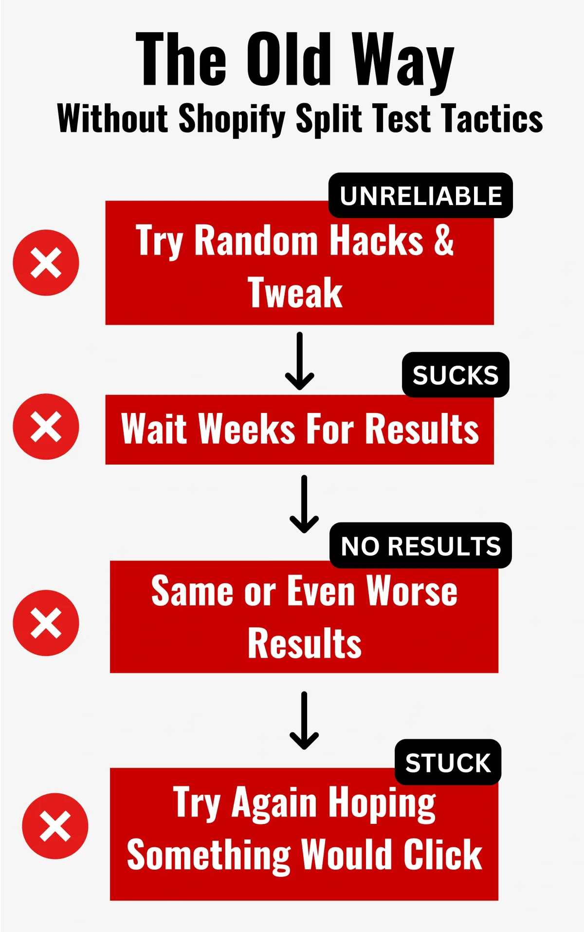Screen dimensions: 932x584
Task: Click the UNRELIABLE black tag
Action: pyautogui.click(x=420, y=195)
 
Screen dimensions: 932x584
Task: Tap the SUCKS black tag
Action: pyautogui.click(x=456, y=375)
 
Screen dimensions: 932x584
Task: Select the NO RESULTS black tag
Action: pyautogui.click(x=420, y=545)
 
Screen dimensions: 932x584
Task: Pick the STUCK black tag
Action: pyautogui.click(x=448, y=762)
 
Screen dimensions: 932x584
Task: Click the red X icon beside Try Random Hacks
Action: pyautogui.click(x=46, y=263)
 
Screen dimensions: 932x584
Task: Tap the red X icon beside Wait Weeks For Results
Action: pyautogui.click(x=46, y=427)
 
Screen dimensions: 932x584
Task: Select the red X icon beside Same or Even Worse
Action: pyautogui.click(x=46, y=623)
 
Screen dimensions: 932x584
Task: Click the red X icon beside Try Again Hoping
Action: pyautogui.click(x=55, y=826)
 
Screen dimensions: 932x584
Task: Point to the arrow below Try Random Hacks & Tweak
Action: pyautogui.click(x=299, y=361)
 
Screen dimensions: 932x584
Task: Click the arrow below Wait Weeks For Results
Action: pyautogui.click(x=304, y=504)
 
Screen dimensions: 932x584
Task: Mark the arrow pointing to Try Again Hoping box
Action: pyautogui.click(x=304, y=721)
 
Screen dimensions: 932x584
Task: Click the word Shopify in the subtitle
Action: pyautogui.click(x=232, y=119)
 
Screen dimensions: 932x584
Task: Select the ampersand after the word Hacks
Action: pyautogui.click(x=444, y=240)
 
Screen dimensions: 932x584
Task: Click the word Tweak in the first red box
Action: pyautogui.click(x=295, y=293)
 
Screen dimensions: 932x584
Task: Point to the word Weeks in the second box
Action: pyautogui.click(x=247, y=429)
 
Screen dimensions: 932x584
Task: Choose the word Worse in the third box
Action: pyautogui.click(x=412, y=591)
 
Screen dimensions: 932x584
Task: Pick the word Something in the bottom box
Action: pyautogui.click(x=209, y=856)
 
